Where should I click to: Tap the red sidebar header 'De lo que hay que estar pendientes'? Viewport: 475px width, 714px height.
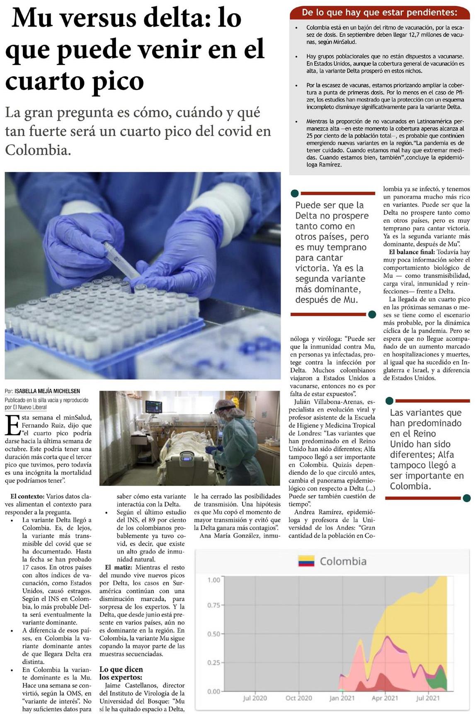(x=379, y=12)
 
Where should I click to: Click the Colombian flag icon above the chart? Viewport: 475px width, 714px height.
(x=306, y=561)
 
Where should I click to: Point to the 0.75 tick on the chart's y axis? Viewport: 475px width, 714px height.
(x=213, y=605)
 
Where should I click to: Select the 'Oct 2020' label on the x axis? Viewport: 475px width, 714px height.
(x=298, y=698)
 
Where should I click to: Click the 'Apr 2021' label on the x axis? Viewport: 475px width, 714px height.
(x=385, y=698)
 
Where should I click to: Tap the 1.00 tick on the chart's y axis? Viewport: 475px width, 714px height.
(x=213, y=579)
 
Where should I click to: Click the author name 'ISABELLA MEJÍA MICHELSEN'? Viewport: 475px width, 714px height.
(x=47, y=391)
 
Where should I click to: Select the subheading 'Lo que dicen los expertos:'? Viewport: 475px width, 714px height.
(x=121, y=673)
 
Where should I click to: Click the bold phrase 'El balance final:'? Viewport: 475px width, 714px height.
(x=412, y=252)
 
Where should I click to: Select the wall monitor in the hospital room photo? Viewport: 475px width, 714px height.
(x=153, y=406)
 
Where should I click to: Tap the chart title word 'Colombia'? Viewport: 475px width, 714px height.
(x=343, y=561)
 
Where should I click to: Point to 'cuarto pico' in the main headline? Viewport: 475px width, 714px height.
(x=75, y=81)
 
